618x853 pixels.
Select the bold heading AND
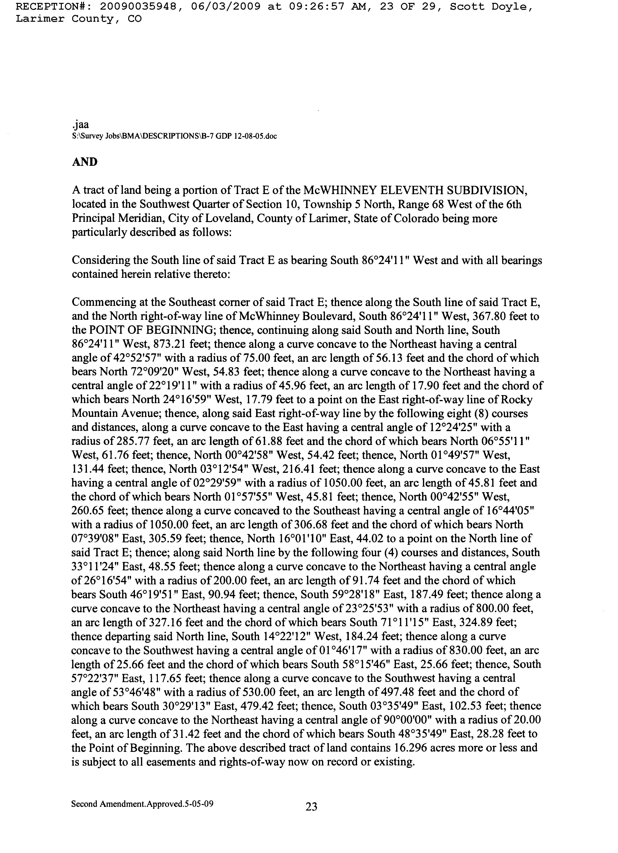(85, 162)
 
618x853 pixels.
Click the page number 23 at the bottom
(311, 807)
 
